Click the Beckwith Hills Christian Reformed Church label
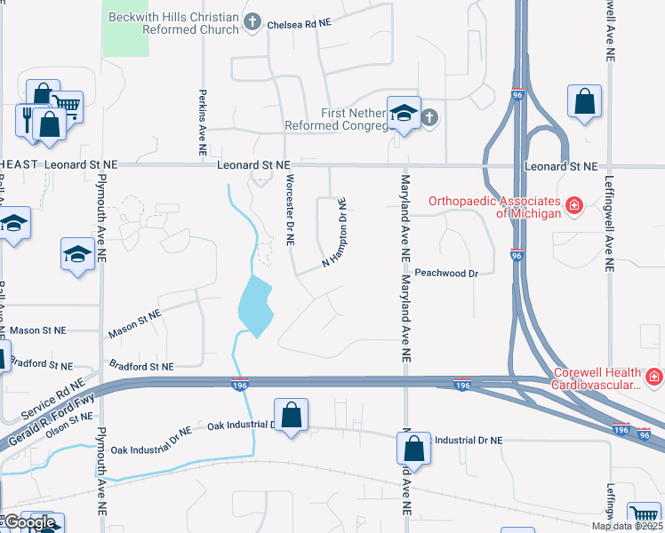174,23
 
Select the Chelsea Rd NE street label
299,23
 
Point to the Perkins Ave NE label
204,122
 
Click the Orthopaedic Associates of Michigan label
494,207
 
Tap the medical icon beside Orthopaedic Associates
574,206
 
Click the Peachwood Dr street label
447,274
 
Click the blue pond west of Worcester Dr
255,305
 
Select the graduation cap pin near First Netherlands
404,114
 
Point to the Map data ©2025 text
627,526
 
